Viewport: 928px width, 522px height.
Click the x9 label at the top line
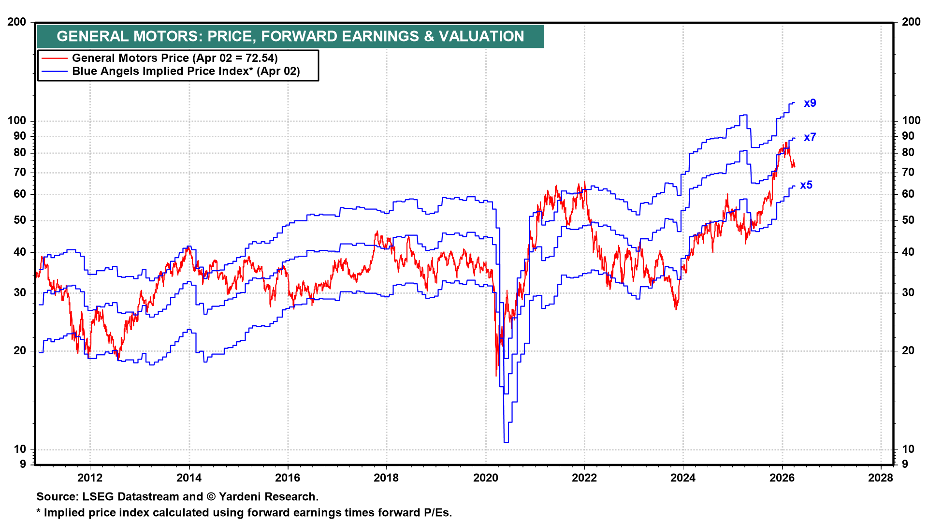(x=810, y=103)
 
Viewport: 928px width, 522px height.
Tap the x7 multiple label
(x=810, y=137)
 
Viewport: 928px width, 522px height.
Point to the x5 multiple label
(x=806, y=185)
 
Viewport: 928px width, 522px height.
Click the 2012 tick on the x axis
(x=90, y=478)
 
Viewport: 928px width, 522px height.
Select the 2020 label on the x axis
(x=485, y=478)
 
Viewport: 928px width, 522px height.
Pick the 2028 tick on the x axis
(x=881, y=478)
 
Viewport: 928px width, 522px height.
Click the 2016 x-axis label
(x=288, y=478)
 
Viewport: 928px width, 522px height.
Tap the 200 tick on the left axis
(x=17, y=22)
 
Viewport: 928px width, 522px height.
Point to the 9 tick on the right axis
(x=905, y=464)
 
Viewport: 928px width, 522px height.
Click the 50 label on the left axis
(x=20, y=220)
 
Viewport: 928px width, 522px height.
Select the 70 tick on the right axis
(x=908, y=172)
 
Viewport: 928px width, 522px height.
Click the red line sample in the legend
(x=54, y=58)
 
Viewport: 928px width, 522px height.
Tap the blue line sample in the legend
(x=54, y=72)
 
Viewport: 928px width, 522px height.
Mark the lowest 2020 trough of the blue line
(x=506, y=442)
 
